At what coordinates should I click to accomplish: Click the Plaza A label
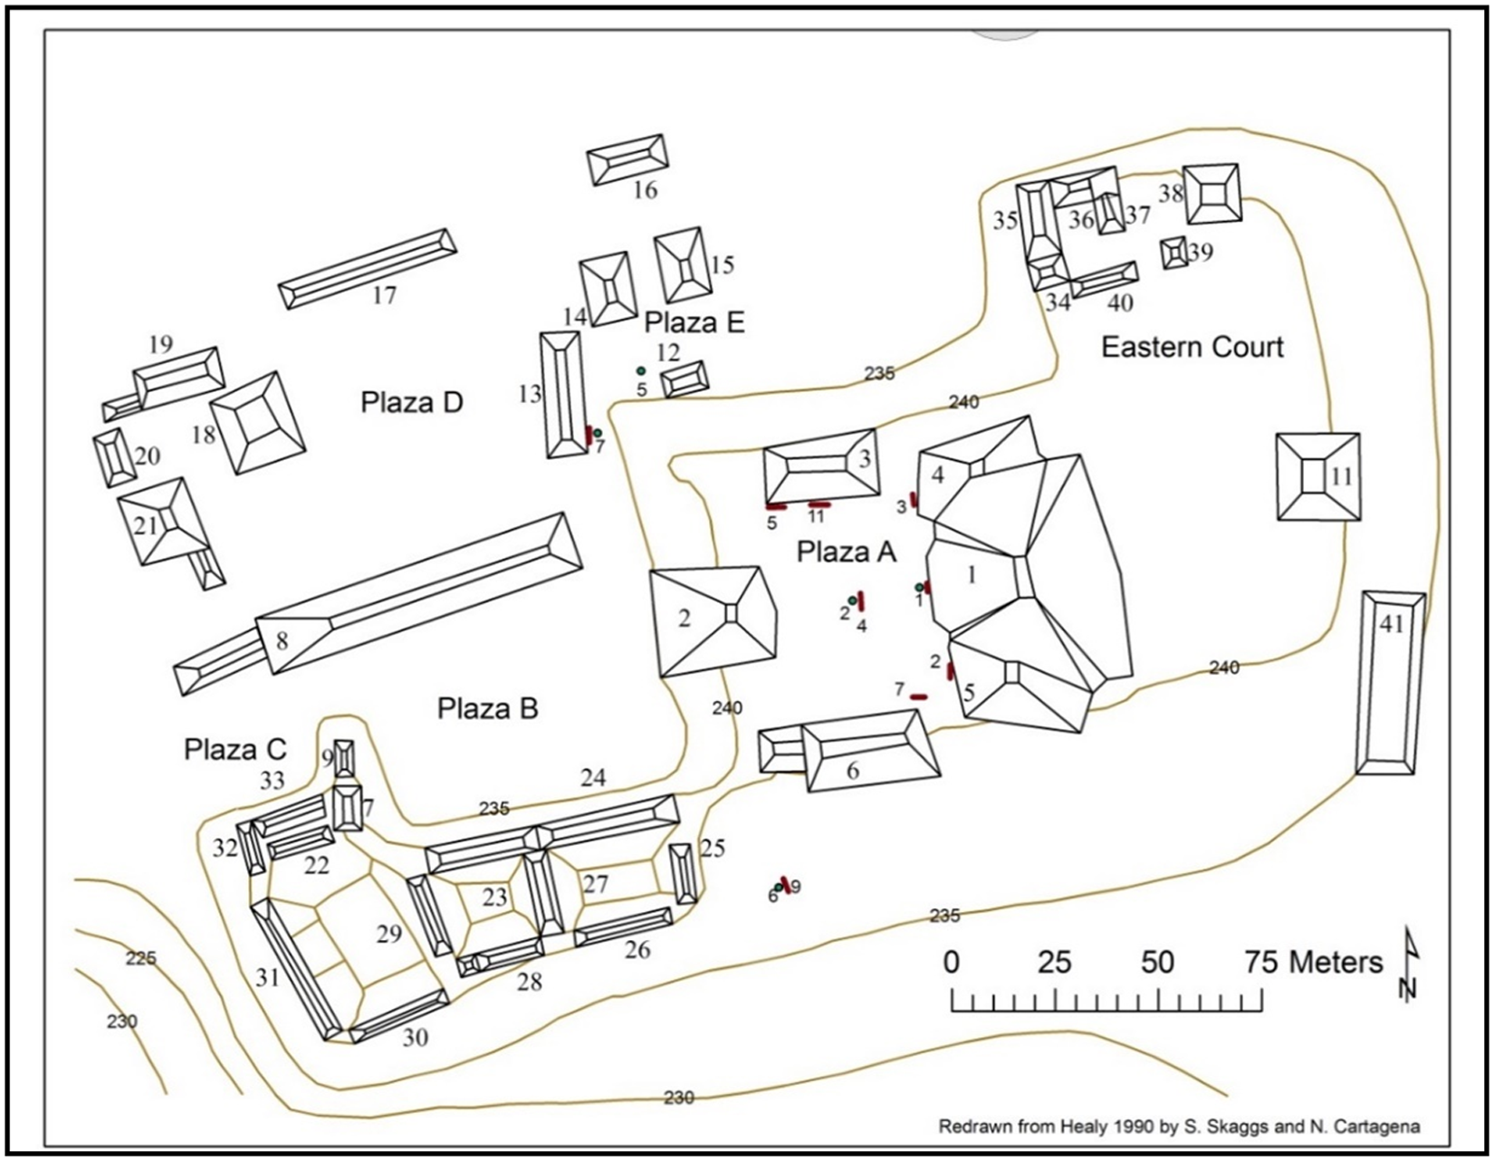tap(846, 552)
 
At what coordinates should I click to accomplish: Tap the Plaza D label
tap(412, 403)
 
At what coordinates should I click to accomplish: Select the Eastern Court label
tap(1192, 348)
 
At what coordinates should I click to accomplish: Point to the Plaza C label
tap(235, 750)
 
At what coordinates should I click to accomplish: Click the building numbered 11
tap(1317, 476)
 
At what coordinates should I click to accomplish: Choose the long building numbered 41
tap(1390, 684)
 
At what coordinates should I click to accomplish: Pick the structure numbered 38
tap(1211, 194)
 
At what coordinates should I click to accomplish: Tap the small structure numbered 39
tap(1174, 253)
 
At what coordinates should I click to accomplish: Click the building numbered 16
tap(627, 160)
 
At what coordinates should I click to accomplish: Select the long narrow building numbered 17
tap(367, 269)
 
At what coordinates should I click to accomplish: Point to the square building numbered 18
tap(257, 423)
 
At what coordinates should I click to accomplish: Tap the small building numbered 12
tap(685, 379)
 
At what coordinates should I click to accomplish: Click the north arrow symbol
tap(1408, 964)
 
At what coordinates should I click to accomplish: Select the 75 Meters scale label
tap(1313, 962)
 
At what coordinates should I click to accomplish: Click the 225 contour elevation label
tap(140, 958)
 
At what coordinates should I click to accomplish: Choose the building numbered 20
tap(114, 458)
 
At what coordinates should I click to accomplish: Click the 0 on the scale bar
tap(951, 962)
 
